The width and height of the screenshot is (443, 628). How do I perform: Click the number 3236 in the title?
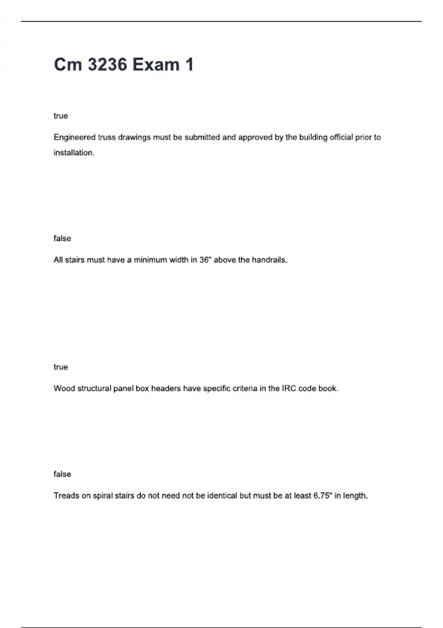(x=107, y=65)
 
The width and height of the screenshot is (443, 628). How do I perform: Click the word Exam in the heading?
(x=156, y=65)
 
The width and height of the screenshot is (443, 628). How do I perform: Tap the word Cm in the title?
(x=68, y=65)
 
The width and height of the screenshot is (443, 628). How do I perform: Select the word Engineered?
(x=75, y=137)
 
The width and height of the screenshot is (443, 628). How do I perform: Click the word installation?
(x=74, y=153)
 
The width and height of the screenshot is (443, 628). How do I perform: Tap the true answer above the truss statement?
(x=61, y=116)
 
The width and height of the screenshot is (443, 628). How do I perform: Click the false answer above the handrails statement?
(x=62, y=239)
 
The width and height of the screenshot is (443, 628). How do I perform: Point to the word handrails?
(x=269, y=260)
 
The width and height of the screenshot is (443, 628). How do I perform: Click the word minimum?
(x=150, y=260)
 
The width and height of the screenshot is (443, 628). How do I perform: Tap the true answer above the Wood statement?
(x=61, y=367)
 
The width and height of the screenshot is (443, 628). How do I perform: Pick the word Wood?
(x=64, y=389)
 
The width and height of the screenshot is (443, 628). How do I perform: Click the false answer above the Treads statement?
(x=62, y=474)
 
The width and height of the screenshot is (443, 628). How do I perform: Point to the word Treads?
(x=66, y=496)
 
